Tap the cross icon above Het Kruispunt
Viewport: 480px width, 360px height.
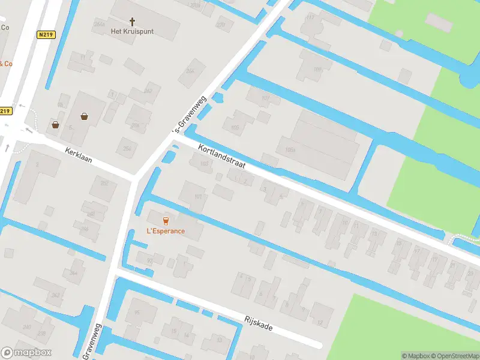click(x=132, y=20)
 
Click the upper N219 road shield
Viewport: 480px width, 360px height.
click(x=45, y=35)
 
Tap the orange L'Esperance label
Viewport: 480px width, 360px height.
click(x=166, y=231)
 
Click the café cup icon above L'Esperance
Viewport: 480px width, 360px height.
click(x=166, y=220)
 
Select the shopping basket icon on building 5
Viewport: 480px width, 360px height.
click(x=84, y=116)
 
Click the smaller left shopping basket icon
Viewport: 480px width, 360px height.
click(x=56, y=125)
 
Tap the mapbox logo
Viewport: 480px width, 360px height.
click(x=26, y=353)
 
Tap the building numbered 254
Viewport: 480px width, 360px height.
click(x=127, y=148)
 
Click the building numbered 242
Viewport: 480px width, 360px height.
click(x=55, y=295)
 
